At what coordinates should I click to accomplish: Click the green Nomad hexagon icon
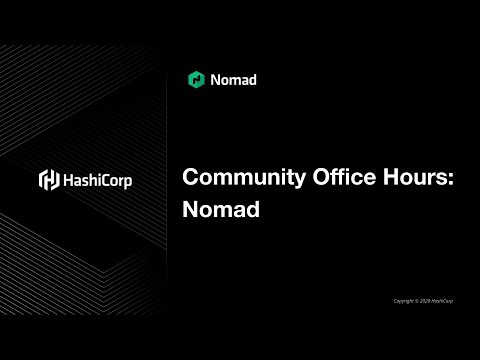click(x=196, y=79)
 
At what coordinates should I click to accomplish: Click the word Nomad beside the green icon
click(x=234, y=79)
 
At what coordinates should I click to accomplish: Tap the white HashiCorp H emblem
click(x=48, y=180)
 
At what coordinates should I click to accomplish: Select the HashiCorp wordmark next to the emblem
click(x=98, y=180)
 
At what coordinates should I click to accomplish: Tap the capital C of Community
click(x=191, y=179)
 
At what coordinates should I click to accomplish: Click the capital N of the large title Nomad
click(x=191, y=211)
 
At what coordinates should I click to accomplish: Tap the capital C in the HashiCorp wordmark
click(x=106, y=180)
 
